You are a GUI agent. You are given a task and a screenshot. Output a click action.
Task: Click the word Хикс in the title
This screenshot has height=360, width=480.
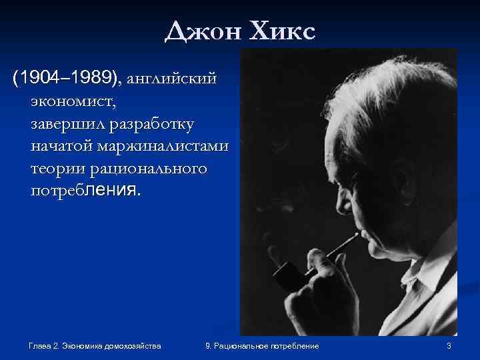tap(279, 31)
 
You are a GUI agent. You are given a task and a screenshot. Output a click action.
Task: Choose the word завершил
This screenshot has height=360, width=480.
tap(64, 124)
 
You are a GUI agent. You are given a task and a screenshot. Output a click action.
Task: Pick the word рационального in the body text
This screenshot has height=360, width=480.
tap(147, 169)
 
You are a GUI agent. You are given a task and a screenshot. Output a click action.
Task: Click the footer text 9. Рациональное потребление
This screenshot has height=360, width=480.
tap(263, 345)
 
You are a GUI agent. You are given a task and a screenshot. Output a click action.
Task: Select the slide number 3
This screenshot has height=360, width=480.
tap(449, 345)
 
